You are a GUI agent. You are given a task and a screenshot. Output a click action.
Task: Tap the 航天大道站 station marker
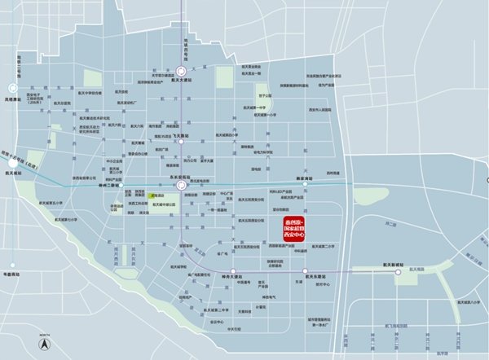180,72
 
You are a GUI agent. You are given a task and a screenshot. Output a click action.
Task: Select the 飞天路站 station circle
182,141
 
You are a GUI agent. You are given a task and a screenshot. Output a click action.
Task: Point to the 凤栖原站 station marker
12,87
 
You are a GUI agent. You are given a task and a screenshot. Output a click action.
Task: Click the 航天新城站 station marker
399,272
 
